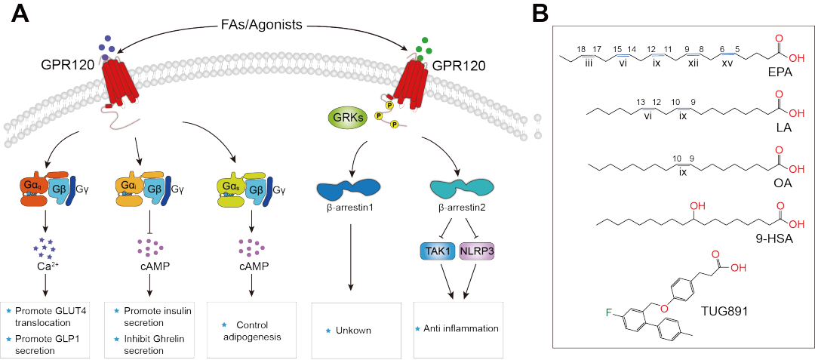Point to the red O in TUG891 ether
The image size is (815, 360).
665,306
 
